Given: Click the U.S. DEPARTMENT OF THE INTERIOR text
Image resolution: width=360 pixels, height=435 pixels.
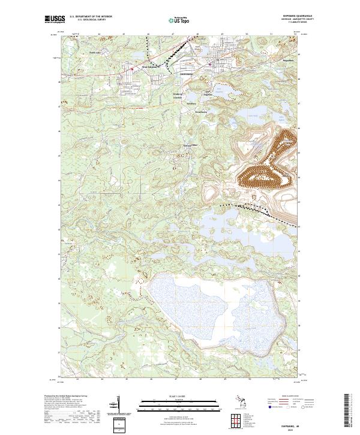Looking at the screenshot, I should pos(91,16).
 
